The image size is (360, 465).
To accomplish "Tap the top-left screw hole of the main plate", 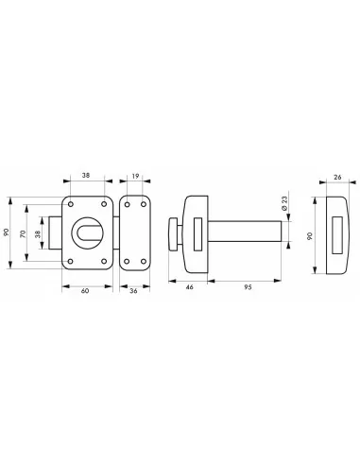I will pos(71,202).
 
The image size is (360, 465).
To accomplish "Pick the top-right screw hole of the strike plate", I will pos(144,202).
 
